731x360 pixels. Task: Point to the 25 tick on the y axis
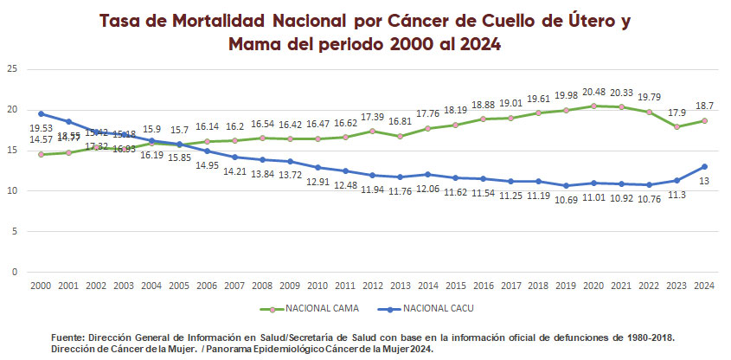pyautogui.click(x=11, y=69)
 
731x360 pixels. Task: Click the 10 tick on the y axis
pyautogui.click(x=11, y=191)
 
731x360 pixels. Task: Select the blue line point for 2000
pyautogui.click(x=42, y=113)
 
